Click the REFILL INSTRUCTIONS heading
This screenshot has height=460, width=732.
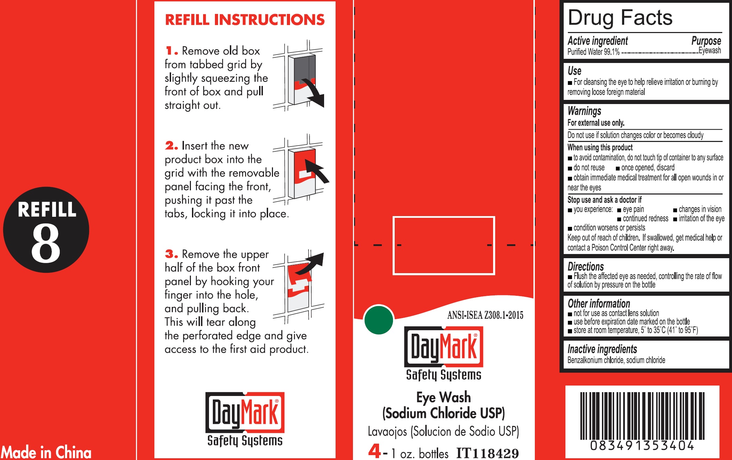(245, 20)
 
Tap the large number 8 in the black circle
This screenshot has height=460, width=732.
(46, 243)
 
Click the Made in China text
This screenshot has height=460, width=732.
(46, 452)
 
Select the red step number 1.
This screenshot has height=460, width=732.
(171, 51)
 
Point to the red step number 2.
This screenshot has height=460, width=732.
(171, 145)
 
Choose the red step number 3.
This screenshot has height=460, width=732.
(171, 254)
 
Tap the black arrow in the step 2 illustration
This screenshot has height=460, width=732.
(316, 170)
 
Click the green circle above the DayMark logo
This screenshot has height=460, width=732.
(378, 320)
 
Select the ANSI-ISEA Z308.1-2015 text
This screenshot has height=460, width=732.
(485, 315)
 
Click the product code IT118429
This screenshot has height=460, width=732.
(487, 453)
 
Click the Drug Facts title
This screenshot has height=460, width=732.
(620, 18)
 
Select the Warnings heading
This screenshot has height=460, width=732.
(584, 111)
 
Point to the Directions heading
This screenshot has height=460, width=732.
(586, 267)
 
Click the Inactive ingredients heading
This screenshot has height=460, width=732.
(602, 349)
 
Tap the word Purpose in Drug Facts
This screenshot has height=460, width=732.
(706, 41)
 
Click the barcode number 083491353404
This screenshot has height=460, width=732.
(642, 446)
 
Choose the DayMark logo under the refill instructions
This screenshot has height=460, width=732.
(245, 419)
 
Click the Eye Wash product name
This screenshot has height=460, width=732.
(443, 397)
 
